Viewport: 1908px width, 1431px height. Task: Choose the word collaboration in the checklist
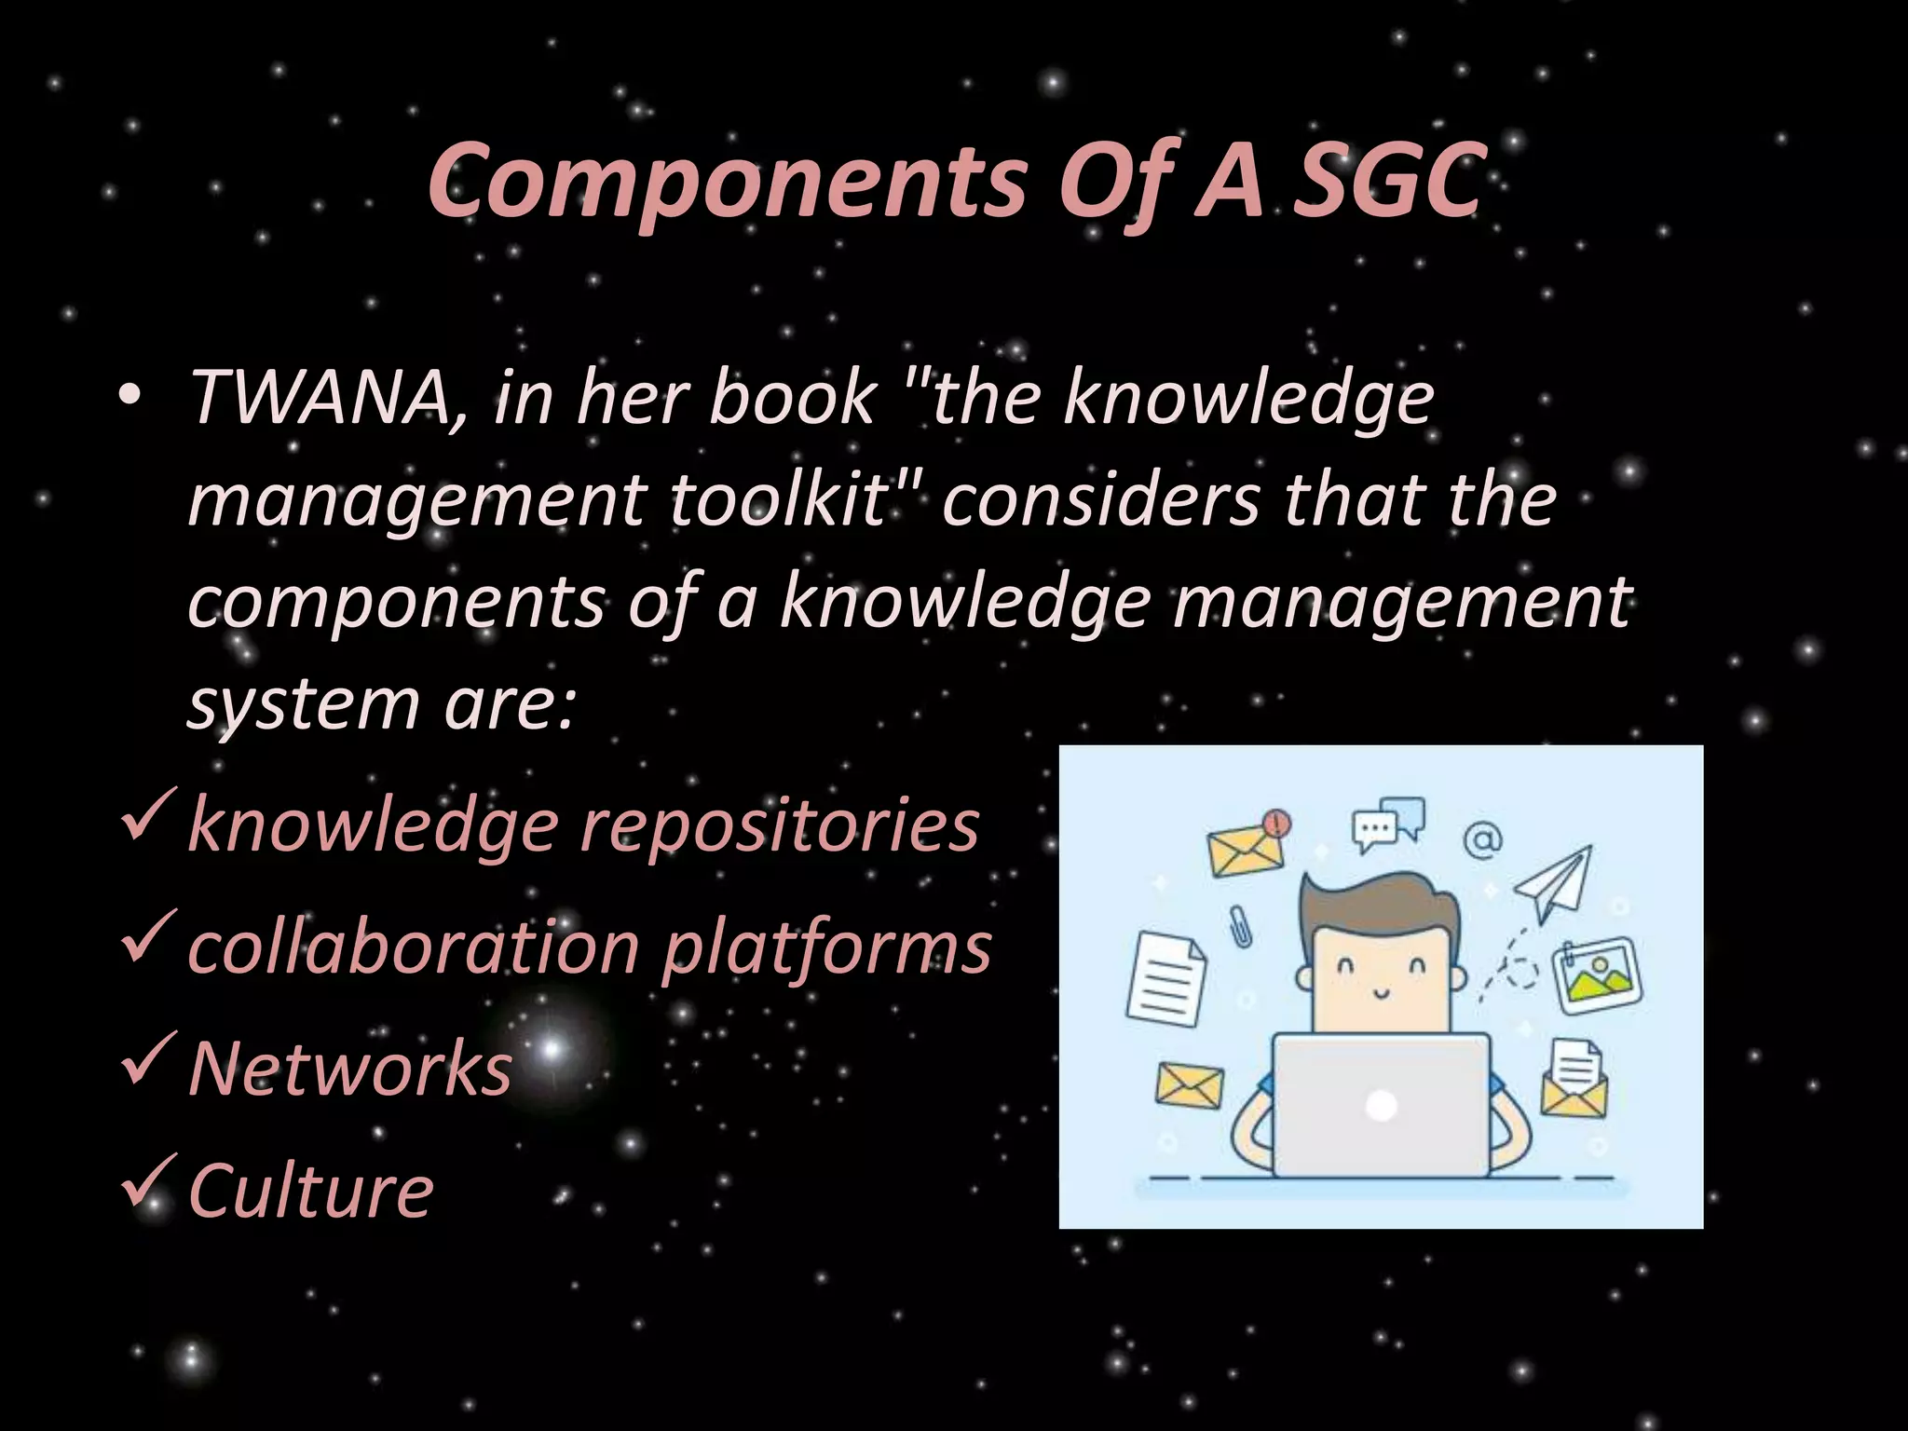click(414, 947)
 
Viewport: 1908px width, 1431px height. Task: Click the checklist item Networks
click(350, 1068)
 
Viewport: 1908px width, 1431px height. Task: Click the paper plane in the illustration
click(1554, 881)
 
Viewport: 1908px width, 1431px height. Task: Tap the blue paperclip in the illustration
click(1241, 926)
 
